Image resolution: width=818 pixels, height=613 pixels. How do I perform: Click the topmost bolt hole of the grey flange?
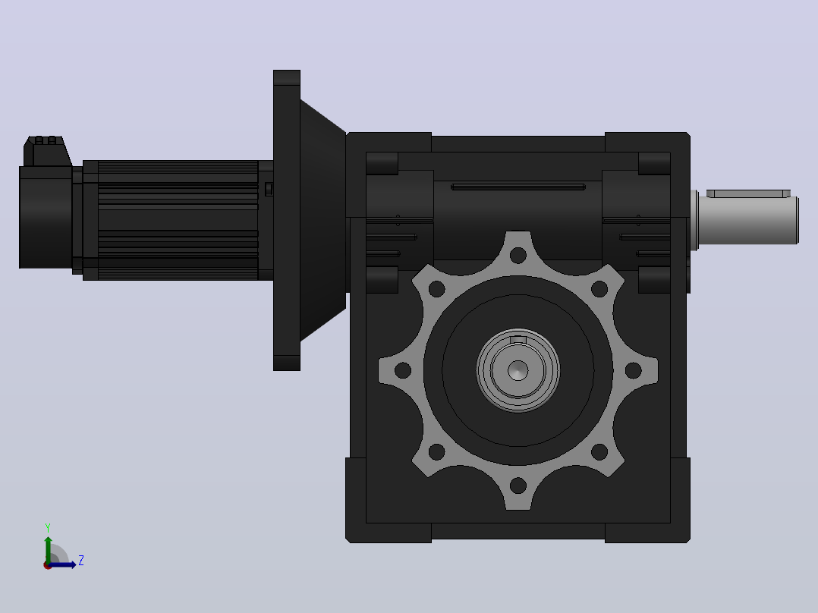[x=518, y=256]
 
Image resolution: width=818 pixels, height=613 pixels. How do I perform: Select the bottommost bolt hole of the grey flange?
[x=518, y=486]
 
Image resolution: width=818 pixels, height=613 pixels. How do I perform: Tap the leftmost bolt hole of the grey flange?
[x=403, y=371]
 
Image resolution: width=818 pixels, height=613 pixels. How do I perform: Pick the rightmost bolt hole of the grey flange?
[x=634, y=371]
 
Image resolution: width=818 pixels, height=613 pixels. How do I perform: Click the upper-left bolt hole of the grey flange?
[x=436, y=289]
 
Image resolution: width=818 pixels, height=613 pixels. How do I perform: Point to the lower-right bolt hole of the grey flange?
[x=599, y=452]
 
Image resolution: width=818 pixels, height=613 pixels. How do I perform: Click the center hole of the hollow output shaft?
[x=518, y=371]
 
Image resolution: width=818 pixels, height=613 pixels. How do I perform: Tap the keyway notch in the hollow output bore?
[x=518, y=340]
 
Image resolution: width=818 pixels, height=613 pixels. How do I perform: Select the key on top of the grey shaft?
[x=749, y=193]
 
